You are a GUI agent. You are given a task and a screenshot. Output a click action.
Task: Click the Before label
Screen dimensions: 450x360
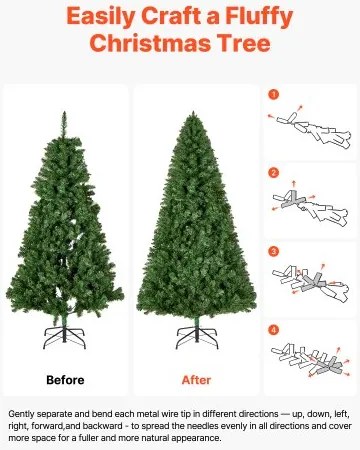65,379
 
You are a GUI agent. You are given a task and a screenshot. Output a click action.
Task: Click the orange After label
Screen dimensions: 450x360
196,379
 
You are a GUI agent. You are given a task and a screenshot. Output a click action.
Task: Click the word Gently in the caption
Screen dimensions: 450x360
24,413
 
